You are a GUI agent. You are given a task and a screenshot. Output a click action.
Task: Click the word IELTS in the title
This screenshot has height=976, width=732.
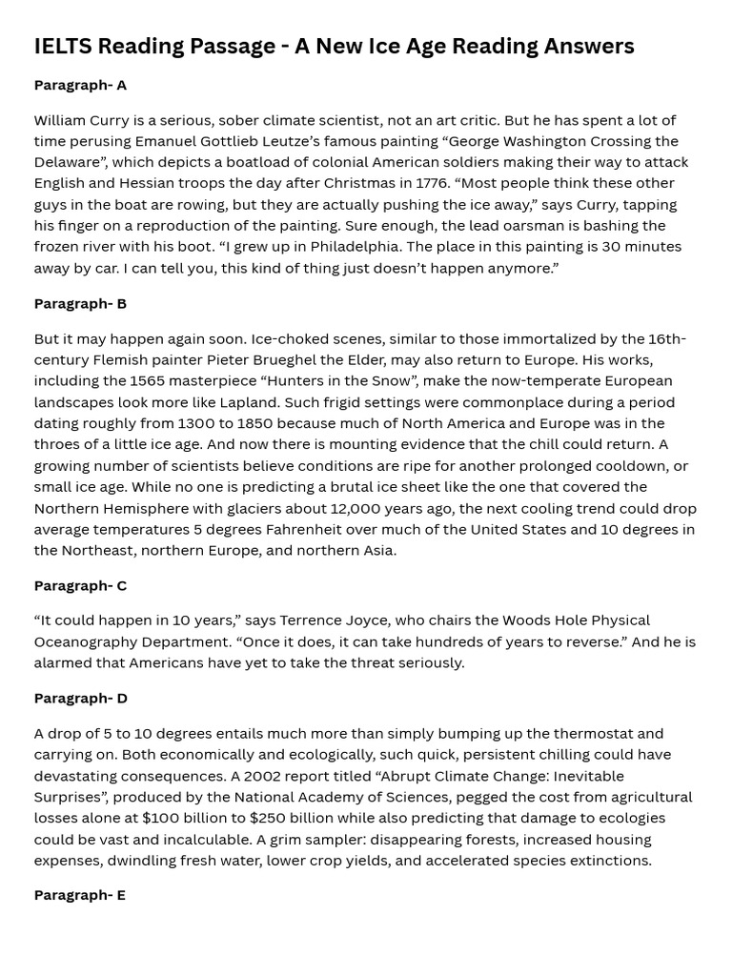pyautogui.click(x=63, y=46)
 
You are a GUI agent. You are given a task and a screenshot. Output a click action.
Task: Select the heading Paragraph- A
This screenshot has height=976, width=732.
pyautogui.click(x=80, y=85)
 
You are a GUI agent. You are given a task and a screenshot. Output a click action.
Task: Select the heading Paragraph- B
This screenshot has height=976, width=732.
pyautogui.click(x=80, y=303)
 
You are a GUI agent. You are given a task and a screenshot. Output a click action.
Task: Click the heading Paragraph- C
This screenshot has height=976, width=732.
pyautogui.click(x=80, y=585)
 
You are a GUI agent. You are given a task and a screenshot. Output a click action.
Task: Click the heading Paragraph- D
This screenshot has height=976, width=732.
pyautogui.click(x=80, y=698)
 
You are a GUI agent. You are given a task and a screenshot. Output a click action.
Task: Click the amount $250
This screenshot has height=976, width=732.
pyautogui.click(x=268, y=818)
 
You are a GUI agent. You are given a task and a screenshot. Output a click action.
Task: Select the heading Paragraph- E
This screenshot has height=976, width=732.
pyautogui.click(x=80, y=895)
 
